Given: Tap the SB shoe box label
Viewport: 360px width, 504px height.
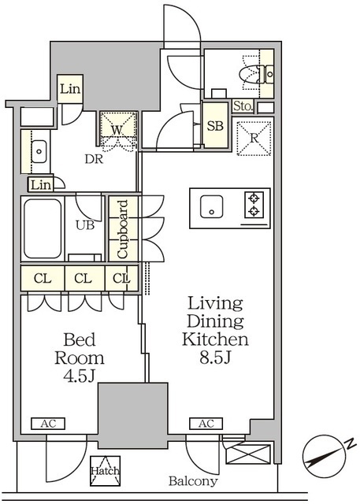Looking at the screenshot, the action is (215, 126).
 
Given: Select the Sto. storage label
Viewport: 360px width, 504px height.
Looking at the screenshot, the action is (243, 106).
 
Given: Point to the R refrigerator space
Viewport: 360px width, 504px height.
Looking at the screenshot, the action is (254, 139).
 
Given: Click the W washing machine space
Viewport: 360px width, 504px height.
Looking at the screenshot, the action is (117, 130).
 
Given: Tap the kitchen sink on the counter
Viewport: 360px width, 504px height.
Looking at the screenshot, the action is (211, 206).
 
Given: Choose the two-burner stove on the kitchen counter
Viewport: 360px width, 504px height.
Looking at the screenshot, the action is (254, 205).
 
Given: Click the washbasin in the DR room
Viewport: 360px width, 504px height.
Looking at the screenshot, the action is (39, 151).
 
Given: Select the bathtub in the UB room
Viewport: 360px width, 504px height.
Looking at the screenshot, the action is (43, 228).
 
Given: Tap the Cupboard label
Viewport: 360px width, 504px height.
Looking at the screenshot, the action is (123, 229).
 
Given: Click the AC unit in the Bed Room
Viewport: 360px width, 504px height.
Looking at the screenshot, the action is (48, 424).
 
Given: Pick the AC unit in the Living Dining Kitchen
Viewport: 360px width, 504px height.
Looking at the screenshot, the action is (206, 424).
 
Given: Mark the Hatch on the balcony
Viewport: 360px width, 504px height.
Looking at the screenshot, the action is (105, 471).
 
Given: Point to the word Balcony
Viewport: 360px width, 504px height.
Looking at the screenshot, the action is (193, 481).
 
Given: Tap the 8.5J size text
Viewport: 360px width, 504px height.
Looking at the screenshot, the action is (215, 357).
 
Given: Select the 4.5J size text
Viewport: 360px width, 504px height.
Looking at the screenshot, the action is (79, 376).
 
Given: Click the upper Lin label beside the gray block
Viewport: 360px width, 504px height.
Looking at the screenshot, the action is (70, 89).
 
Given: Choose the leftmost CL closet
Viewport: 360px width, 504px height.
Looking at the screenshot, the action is (43, 278).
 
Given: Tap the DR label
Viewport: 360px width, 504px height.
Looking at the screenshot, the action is (94, 158).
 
